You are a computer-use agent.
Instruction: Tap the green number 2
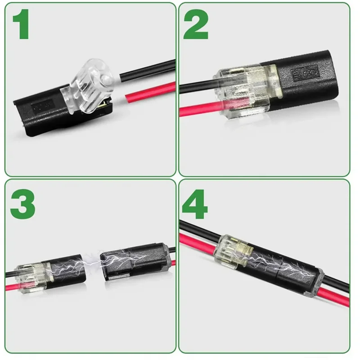[x=196, y=26]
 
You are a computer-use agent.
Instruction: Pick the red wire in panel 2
[x=198, y=108]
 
